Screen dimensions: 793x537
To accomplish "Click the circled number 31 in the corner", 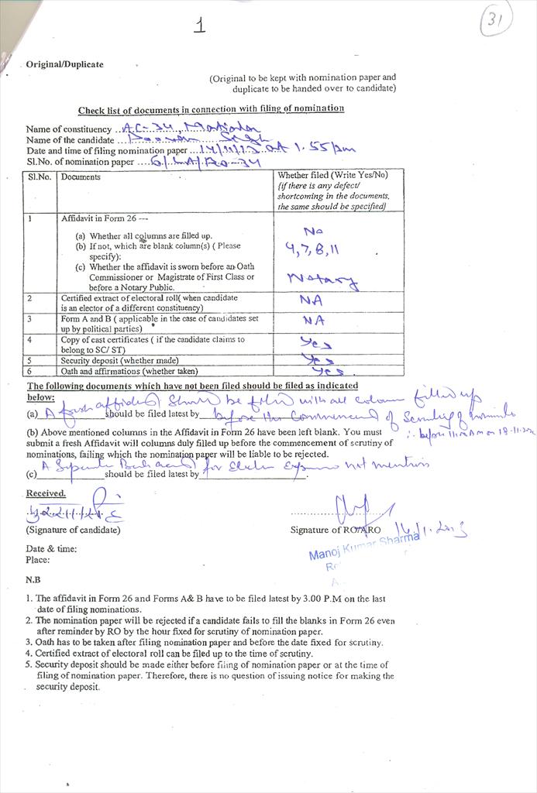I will (x=496, y=22).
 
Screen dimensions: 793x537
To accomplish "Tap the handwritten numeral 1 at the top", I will (x=200, y=26).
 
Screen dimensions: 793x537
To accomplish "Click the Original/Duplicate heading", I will (x=64, y=64).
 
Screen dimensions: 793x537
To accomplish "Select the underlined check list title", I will (x=211, y=108).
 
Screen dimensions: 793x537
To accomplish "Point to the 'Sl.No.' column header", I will (x=39, y=177).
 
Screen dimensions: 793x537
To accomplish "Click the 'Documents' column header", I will (x=81, y=177).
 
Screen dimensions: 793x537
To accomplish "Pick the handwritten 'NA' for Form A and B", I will (x=312, y=320).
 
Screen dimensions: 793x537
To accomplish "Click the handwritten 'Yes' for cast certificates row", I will (x=315, y=343).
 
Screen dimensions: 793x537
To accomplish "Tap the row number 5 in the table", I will (x=29, y=360).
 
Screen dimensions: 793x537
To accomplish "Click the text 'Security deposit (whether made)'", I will (x=119, y=360).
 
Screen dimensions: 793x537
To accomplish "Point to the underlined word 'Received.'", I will (x=46, y=493).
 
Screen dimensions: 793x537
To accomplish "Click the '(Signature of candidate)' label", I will (x=73, y=530).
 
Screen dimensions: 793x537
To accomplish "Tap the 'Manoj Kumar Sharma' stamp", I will (x=363, y=548).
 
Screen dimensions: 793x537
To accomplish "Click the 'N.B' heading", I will (x=33, y=579).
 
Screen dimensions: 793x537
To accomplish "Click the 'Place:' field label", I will (x=37, y=559).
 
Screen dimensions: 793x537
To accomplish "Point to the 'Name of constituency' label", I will (x=68, y=129).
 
